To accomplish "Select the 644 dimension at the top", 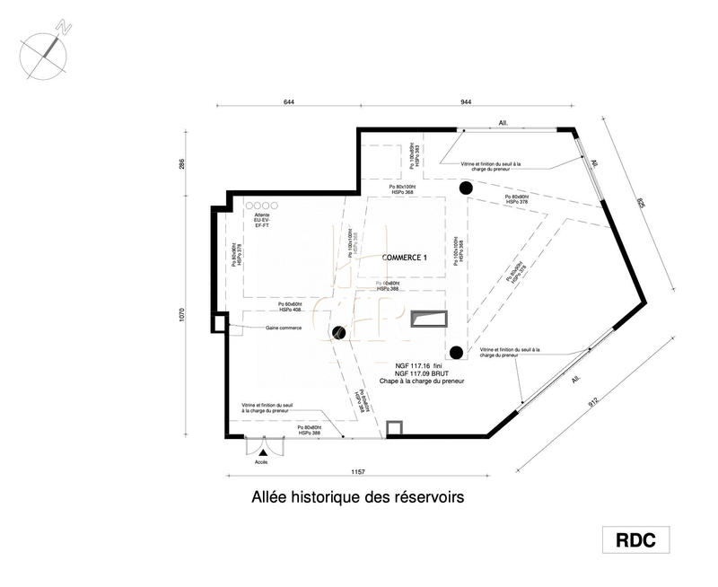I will [x=289, y=102].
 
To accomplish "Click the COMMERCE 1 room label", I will [x=405, y=257].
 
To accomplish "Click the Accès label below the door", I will [x=261, y=463].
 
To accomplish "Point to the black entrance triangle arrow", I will [x=262, y=453].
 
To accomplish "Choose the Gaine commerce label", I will [x=283, y=328].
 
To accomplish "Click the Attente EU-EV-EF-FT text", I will [x=262, y=221].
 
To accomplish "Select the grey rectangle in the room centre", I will [x=428, y=319].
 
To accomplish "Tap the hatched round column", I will [x=339, y=333].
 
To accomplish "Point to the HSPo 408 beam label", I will [x=291, y=310].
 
